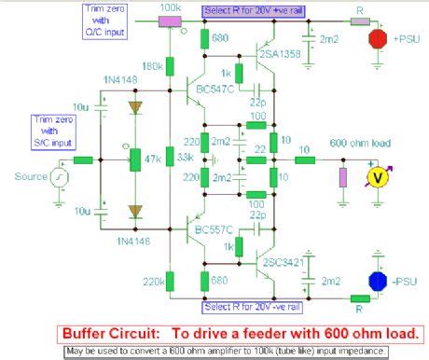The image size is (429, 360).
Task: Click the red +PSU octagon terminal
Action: click(378, 38)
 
